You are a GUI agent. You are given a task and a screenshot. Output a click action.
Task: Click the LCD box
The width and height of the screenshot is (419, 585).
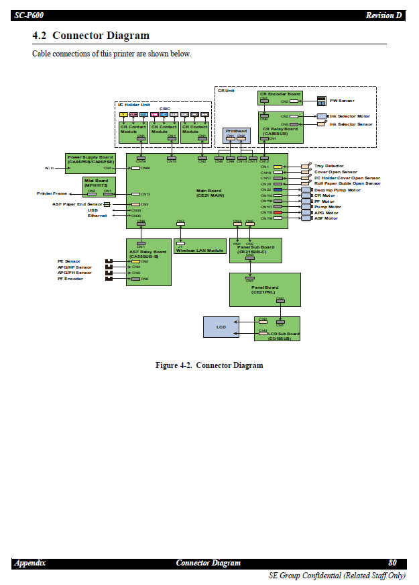pyautogui.click(x=221, y=327)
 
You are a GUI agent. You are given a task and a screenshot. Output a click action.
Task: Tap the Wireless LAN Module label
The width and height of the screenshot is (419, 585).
pyautogui.click(x=201, y=251)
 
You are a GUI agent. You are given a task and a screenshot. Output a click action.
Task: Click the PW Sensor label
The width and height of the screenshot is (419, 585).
pyautogui.click(x=342, y=101)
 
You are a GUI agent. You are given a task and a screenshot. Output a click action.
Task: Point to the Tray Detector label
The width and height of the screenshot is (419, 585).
pyautogui.click(x=329, y=166)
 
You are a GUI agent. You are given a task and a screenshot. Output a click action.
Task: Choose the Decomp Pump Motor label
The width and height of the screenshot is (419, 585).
pyautogui.click(x=337, y=190)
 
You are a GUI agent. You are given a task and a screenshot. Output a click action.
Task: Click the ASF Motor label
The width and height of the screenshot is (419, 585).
pyautogui.click(x=326, y=218)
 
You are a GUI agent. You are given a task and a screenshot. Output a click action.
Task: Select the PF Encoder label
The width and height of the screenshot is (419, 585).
pyautogui.click(x=70, y=279)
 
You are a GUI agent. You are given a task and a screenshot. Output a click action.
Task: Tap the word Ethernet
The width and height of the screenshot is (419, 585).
pyautogui.click(x=97, y=216)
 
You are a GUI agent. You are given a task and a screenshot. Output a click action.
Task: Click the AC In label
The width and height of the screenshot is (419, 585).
pyautogui.click(x=49, y=168)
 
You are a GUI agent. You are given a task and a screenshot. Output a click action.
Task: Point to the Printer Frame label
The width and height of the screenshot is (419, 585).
pyautogui.click(x=52, y=193)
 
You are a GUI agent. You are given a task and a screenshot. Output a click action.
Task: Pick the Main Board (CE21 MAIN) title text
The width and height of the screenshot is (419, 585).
pyautogui.click(x=210, y=193)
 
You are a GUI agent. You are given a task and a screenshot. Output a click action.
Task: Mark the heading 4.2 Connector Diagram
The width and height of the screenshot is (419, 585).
pyautogui.click(x=91, y=36)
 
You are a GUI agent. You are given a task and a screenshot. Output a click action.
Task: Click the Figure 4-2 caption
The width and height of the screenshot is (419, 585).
pyautogui.click(x=209, y=365)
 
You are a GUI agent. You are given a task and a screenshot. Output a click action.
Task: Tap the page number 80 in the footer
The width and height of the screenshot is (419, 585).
pyautogui.click(x=392, y=563)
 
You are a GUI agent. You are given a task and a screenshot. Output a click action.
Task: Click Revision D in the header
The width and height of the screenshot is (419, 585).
pyautogui.click(x=384, y=15)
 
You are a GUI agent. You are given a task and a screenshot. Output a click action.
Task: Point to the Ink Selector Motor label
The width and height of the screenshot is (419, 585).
pyautogui.click(x=350, y=116)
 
